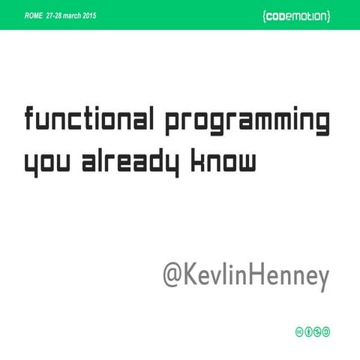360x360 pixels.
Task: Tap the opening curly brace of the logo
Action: point(266,16)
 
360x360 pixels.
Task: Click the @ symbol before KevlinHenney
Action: point(174,275)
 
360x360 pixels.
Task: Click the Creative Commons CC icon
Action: point(299,331)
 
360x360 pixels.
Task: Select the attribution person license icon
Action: point(308,331)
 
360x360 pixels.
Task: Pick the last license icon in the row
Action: point(326,331)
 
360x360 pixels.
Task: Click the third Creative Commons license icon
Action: point(317,331)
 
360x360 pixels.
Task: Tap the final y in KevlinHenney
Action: point(323,278)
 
